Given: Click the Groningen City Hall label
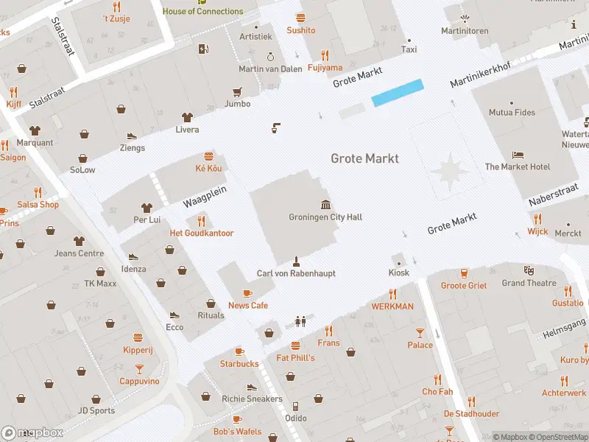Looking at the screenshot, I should tap(325, 217).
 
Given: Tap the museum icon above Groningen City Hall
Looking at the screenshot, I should tap(325, 204).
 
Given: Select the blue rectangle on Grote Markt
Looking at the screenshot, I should tap(398, 92).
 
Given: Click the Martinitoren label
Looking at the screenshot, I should tap(465, 31).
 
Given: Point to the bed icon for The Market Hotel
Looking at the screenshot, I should tap(518, 155).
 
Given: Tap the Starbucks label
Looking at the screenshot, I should tap(239, 364).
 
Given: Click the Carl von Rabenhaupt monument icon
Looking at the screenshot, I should tap(296, 261).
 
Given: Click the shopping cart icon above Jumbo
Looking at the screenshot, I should tap(237, 92).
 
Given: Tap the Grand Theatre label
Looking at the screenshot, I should tap(529, 283).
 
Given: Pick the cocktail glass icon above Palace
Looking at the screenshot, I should tap(420, 333).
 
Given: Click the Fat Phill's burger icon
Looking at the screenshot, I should tap(295, 345).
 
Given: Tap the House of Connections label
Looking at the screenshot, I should tap(202, 11).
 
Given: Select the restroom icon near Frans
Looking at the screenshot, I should tap(300, 321).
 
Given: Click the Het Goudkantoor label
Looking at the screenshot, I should tap(202, 234).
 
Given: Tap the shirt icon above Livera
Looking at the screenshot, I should tap(187, 117).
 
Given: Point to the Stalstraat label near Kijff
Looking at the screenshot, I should tap(47, 97).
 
